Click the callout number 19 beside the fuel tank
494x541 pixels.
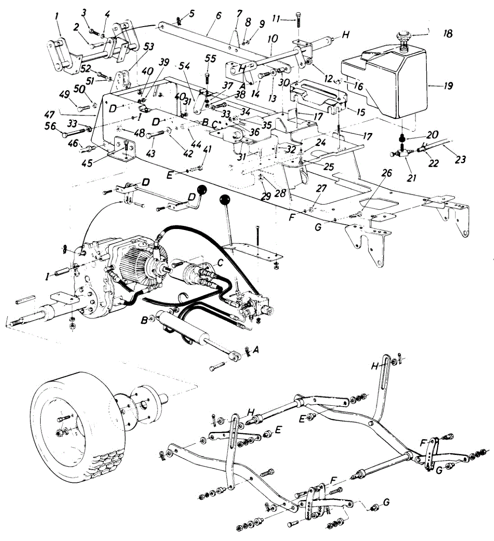(x=448, y=86)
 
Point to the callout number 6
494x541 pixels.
(x=219, y=15)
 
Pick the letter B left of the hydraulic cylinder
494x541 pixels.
(x=144, y=320)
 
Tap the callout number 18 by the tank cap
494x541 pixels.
(x=448, y=34)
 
